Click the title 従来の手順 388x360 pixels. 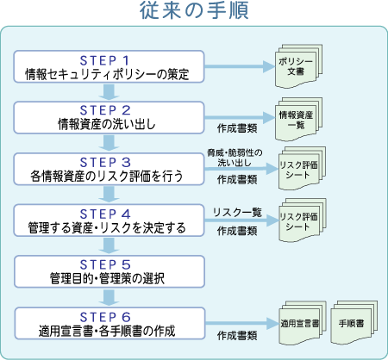[x=194, y=10]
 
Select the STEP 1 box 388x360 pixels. [x=109, y=66]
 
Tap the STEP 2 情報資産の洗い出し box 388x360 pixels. [x=109, y=117]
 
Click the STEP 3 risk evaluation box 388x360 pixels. [x=109, y=169]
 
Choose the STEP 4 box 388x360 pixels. [x=109, y=220]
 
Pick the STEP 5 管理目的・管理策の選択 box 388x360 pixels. [x=110, y=271]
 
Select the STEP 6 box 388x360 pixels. [x=110, y=323]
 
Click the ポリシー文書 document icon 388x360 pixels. [x=298, y=66]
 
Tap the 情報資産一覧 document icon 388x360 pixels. [x=298, y=119]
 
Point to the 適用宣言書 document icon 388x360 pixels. [x=303, y=323]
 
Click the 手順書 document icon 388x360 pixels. [x=354, y=323]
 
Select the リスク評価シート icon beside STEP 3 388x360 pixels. [x=302, y=168]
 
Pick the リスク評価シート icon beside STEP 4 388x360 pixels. [x=303, y=220]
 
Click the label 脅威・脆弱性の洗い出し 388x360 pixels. [x=235, y=158]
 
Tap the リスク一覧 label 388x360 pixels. [x=237, y=212]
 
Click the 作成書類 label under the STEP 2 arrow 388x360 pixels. [x=237, y=128]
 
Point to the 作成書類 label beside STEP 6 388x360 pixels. [x=237, y=335]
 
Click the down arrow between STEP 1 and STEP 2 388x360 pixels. [x=109, y=92]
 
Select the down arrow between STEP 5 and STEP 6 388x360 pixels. [x=109, y=297]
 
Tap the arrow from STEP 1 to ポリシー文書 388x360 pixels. [x=240, y=66]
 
